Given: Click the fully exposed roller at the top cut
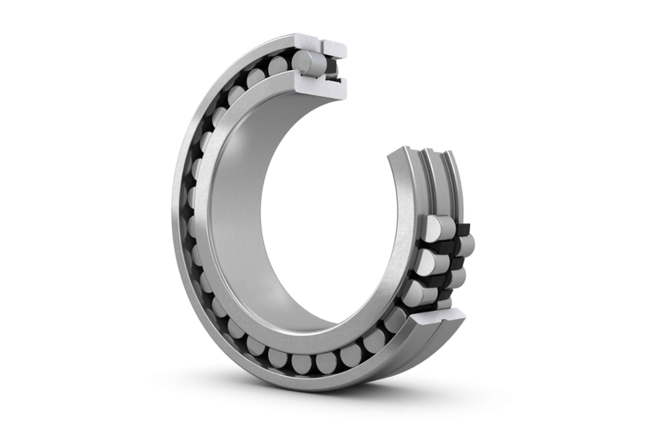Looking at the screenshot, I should pos(310,61).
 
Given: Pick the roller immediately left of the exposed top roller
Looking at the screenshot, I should pos(279,65).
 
